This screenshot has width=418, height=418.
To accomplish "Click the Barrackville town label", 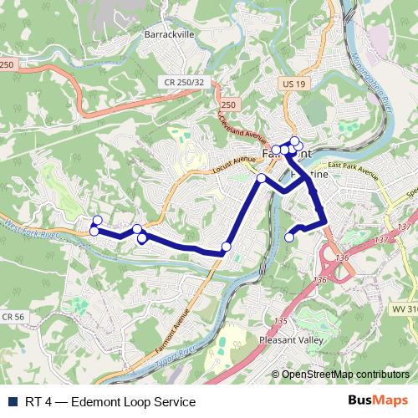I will point(170,35).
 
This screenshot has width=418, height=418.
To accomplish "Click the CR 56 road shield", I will point(12,317).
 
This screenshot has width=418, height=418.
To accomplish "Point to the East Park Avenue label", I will point(354,174).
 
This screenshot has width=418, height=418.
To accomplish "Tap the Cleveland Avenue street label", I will point(243,130).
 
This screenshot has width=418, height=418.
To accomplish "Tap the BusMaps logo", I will point(382,401).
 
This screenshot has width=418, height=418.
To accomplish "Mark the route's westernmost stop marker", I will point(94,230).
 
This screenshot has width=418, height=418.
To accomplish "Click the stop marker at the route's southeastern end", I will point(290,237).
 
